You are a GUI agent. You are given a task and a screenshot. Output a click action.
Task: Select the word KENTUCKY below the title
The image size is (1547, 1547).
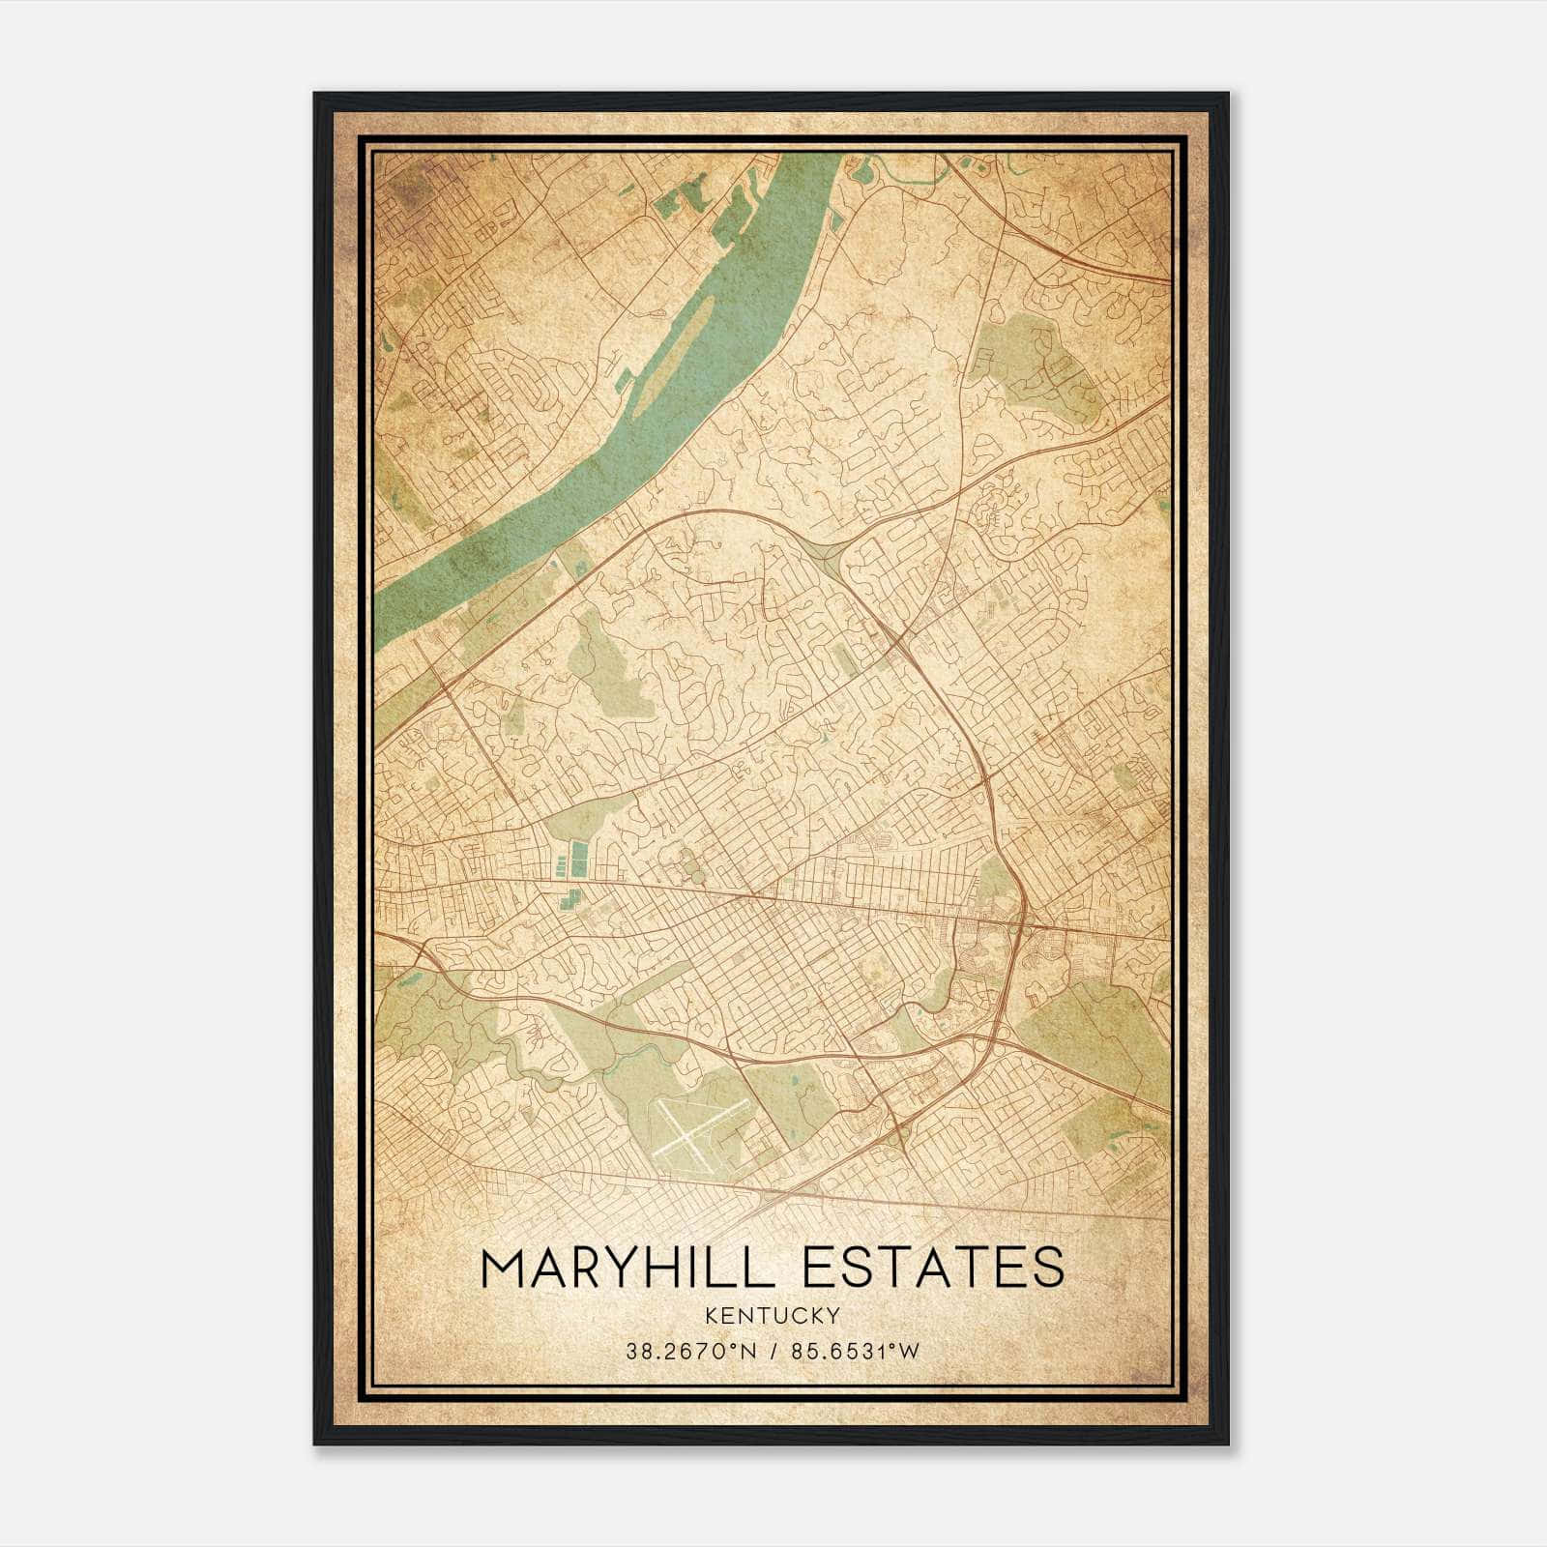tap(773, 1315)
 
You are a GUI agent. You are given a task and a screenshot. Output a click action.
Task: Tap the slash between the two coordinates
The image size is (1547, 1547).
tap(772, 1352)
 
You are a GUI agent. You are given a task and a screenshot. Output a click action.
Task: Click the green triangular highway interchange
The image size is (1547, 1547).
tap(825, 555)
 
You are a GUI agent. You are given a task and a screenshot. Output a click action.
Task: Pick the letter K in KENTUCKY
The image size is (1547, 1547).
tap(711, 1315)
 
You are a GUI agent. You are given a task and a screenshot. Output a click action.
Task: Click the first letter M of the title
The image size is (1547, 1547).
tap(504, 1268)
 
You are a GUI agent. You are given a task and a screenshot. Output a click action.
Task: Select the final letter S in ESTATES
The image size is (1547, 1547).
tap(1048, 1268)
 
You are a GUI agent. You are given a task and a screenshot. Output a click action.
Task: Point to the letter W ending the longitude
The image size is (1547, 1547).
tap(910, 1352)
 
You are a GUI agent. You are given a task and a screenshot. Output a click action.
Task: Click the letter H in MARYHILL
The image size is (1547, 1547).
tap(686, 1268)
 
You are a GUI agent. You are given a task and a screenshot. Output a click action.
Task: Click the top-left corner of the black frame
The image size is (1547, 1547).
tap(315, 94)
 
